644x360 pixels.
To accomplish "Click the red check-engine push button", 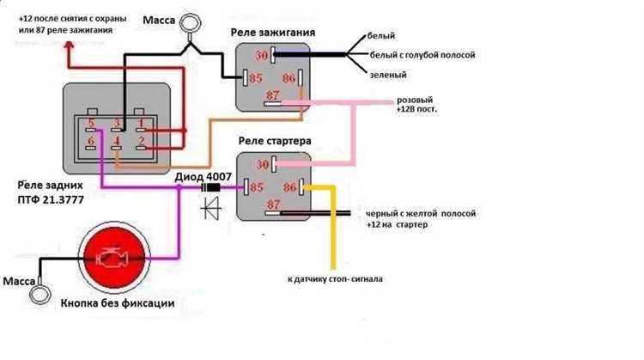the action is click(x=114, y=258).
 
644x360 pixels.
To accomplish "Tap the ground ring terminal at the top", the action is click(x=190, y=23).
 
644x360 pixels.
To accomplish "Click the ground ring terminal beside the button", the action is click(x=39, y=295).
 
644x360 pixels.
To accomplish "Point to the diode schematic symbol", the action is click(x=211, y=209).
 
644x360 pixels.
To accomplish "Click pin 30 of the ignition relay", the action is click(x=273, y=56).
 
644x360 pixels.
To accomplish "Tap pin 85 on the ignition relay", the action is click(x=246, y=77).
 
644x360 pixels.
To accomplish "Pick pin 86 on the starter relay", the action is click(x=301, y=187).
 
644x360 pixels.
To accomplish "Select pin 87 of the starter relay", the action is click(x=273, y=213).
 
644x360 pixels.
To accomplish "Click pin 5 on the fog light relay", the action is click(x=91, y=130).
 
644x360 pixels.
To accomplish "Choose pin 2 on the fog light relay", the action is click(x=141, y=147).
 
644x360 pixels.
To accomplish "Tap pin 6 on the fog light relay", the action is click(x=90, y=148).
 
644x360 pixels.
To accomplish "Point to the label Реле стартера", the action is click(x=275, y=141).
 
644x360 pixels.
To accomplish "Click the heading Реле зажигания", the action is click(x=273, y=33).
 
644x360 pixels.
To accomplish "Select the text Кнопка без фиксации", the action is click(x=118, y=303).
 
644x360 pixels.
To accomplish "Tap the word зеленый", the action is click(x=388, y=75).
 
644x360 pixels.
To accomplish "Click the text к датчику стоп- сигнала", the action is click(x=335, y=279).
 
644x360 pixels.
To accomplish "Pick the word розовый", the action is click(x=415, y=101).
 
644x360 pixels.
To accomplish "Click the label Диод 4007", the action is click(x=203, y=177).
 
